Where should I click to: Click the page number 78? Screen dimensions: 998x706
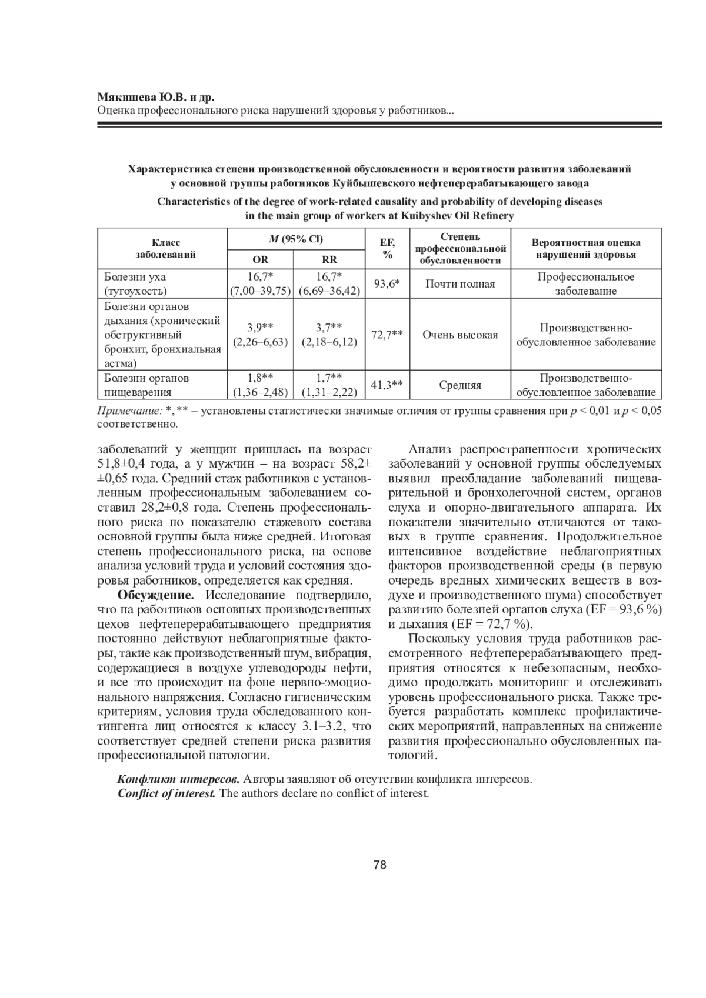click(x=379, y=865)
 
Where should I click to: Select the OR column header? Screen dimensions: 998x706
click(x=260, y=260)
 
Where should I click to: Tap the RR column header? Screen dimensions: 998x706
click(x=329, y=260)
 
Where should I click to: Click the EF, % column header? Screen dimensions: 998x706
click(x=388, y=248)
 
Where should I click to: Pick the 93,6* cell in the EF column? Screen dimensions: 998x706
click(x=388, y=283)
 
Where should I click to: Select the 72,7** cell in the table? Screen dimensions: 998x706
click(x=388, y=334)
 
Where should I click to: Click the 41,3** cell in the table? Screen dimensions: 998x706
click(x=388, y=385)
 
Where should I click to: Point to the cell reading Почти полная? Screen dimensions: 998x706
click(x=460, y=284)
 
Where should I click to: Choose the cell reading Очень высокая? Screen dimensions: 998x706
click(x=460, y=335)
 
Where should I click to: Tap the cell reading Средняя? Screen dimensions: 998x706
click(x=460, y=386)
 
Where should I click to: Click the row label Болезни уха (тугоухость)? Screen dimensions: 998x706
click(x=135, y=283)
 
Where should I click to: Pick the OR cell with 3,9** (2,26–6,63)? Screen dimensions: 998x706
click(x=260, y=334)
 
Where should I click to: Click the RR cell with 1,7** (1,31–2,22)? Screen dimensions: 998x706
click(x=329, y=385)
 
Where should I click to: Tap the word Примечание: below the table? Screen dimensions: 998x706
click(x=129, y=411)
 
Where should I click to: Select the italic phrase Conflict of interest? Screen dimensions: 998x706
click(x=166, y=793)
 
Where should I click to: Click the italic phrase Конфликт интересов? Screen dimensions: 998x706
click(x=178, y=779)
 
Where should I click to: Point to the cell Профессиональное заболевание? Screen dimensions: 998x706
click(x=586, y=283)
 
